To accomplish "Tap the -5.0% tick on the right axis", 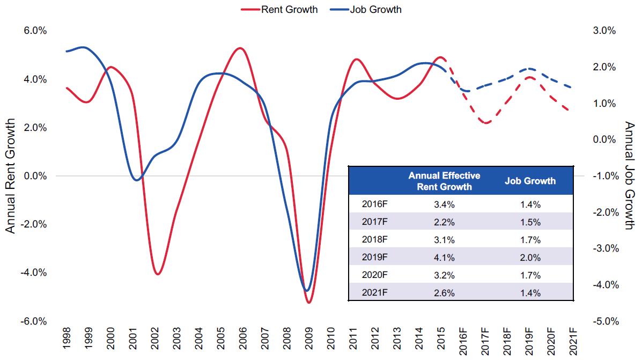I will coord(606,321).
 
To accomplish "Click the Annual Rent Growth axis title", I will coord(10,176).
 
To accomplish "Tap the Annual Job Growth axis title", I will coord(629,176).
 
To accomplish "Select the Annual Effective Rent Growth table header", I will coord(444,181).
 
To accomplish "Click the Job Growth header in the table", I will coord(530,181).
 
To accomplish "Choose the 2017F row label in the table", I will coord(375,222).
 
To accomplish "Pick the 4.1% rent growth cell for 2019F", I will coord(444,258).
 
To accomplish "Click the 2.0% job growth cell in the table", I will coord(530,258).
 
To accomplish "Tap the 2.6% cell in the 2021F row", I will coord(444,293).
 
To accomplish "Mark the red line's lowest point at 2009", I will coord(308,303).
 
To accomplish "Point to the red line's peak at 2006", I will coord(240,48).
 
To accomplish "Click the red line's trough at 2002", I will coord(157,274).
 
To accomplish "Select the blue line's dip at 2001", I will coord(136,180).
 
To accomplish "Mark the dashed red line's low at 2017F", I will coord(486,123).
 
